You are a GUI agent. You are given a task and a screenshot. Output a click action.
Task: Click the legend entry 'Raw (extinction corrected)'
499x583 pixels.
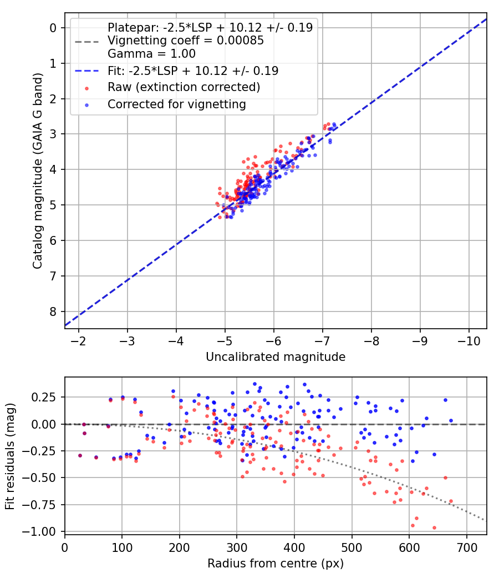point(184,87)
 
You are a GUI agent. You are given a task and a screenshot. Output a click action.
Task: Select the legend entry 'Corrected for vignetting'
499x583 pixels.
point(176,104)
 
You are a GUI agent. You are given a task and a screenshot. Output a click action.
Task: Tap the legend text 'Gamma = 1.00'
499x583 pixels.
point(151,54)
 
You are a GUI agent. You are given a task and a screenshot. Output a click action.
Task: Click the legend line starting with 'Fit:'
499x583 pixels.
point(193,71)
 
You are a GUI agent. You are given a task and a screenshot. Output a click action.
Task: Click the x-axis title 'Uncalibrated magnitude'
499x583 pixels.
point(276,357)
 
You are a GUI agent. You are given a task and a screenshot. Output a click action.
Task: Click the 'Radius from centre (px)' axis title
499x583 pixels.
point(276,564)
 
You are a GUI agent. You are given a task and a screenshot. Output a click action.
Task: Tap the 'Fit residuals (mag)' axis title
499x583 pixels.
point(10,455)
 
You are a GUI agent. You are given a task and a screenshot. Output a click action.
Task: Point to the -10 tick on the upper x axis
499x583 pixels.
point(469,340)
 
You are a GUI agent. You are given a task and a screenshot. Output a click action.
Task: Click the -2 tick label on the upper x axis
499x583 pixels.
point(79,340)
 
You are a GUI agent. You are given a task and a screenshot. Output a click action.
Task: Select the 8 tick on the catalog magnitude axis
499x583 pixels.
point(54,311)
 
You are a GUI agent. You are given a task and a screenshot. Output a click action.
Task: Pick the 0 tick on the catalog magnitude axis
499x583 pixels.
point(54,28)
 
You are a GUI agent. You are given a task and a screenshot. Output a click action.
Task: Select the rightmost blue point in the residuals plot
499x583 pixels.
point(451,420)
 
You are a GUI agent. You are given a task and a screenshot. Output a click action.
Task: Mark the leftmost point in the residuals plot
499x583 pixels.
point(80,455)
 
